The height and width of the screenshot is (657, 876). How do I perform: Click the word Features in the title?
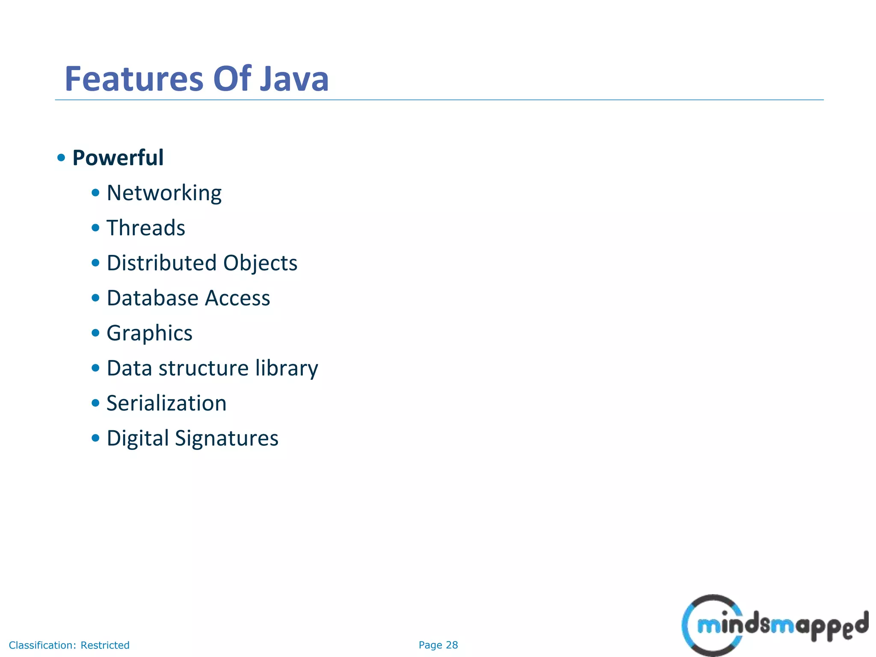(x=134, y=79)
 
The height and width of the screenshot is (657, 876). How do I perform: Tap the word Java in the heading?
(x=294, y=79)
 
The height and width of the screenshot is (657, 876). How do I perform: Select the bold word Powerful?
(x=118, y=157)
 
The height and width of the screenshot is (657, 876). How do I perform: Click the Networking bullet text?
(x=164, y=193)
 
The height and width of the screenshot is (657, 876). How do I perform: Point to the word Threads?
(x=146, y=228)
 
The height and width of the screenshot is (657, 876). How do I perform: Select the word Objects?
(x=260, y=263)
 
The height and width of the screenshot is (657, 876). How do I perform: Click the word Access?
(x=237, y=298)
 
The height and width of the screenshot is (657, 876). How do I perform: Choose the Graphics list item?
(x=149, y=333)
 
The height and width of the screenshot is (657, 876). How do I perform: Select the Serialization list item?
(x=166, y=403)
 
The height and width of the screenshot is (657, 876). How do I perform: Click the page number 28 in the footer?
(x=452, y=645)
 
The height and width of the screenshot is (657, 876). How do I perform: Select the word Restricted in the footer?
(x=105, y=645)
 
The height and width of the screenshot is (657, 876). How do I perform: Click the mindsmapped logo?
(x=774, y=625)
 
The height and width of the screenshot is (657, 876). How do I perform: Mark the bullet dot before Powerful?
(x=61, y=157)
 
